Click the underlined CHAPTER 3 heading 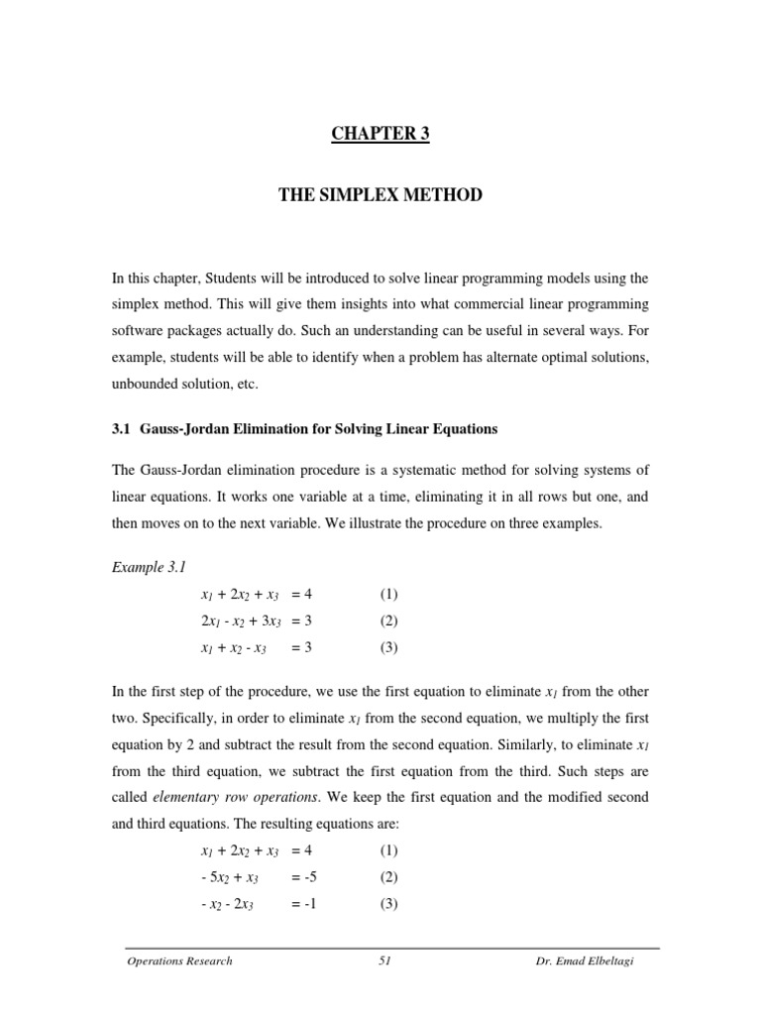(x=380, y=135)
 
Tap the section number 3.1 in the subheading (x=135, y=429)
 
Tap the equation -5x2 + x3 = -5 (x=256, y=876)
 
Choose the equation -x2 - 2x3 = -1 (x=256, y=903)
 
